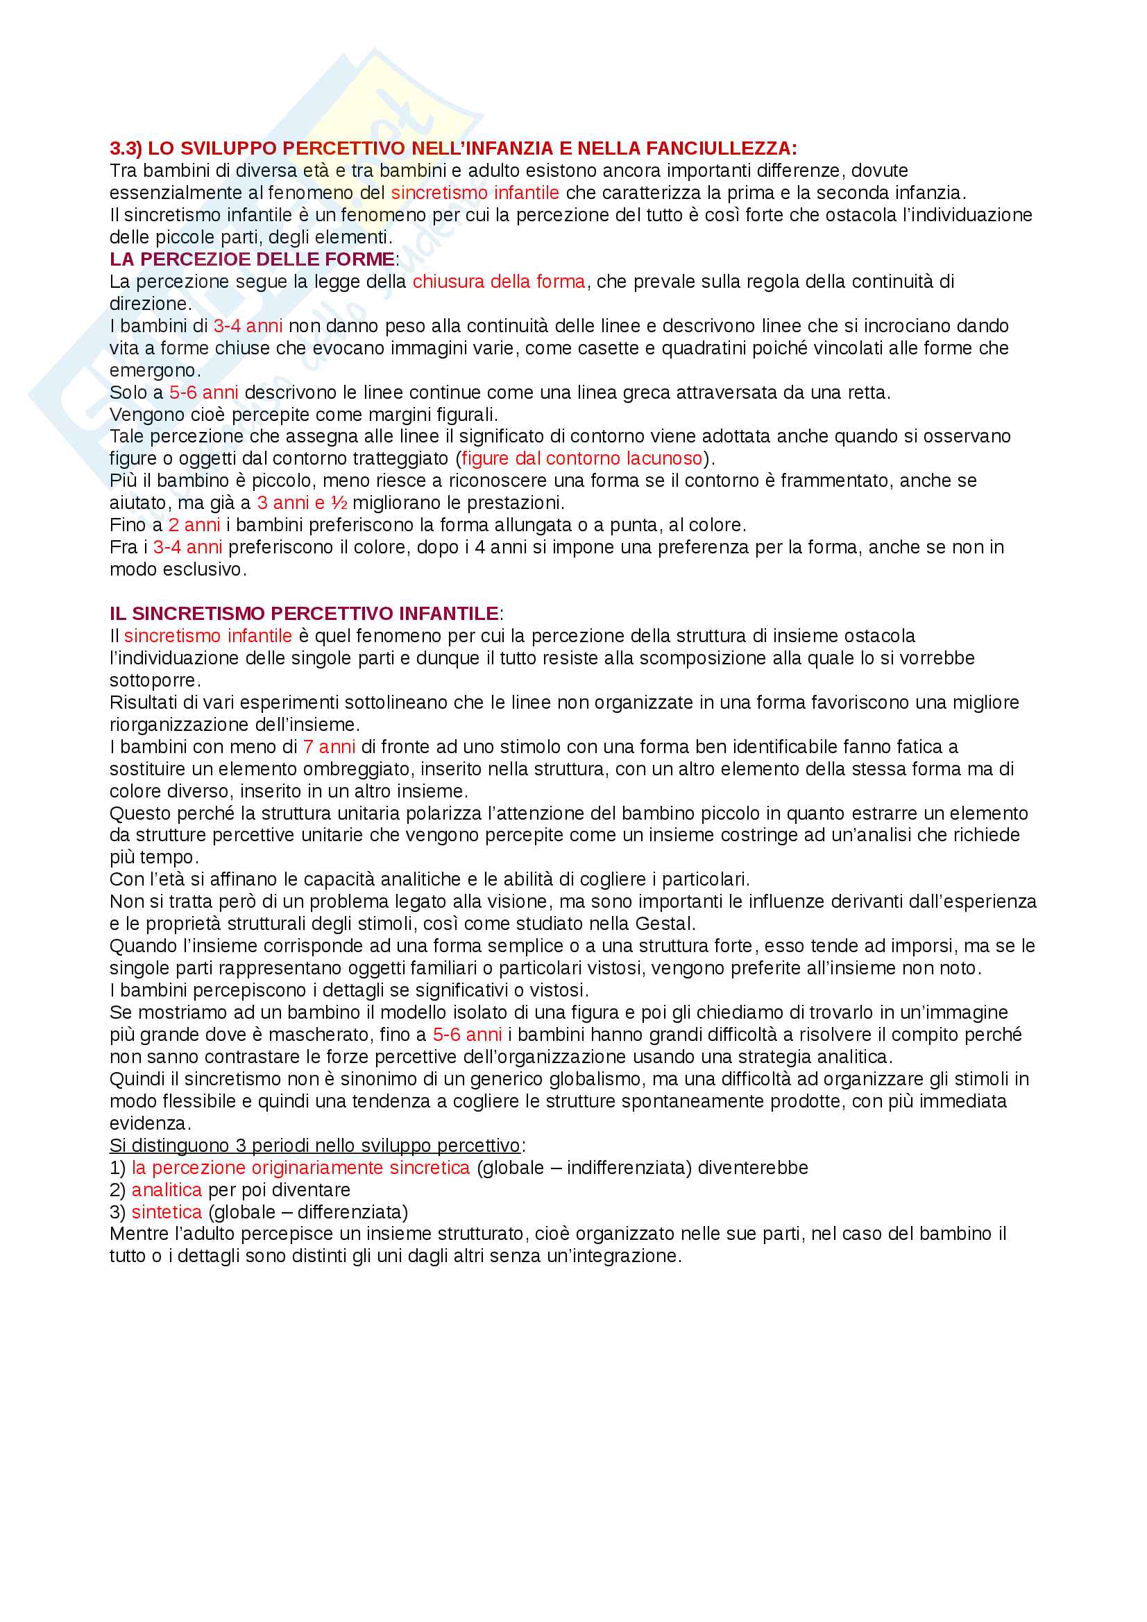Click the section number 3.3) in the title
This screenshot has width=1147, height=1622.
coord(126,148)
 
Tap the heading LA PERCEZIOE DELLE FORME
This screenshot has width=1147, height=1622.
coord(253,259)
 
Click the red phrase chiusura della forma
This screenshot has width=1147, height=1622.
coord(499,282)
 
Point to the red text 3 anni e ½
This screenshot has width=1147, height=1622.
coord(302,503)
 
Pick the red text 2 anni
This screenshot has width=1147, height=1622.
coord(194,525)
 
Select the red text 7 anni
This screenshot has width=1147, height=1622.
coord(329,747)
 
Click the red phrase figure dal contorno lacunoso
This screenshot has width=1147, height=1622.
coord(581,458)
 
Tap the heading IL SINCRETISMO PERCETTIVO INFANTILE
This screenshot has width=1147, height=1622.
coord(304,613)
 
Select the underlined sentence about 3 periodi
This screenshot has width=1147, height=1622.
coord(314,1145)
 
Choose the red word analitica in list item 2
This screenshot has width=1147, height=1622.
coord(167,1190)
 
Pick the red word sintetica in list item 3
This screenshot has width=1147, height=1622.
coord(167,1211)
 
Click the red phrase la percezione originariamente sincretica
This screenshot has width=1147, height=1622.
coord(300,1168)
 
